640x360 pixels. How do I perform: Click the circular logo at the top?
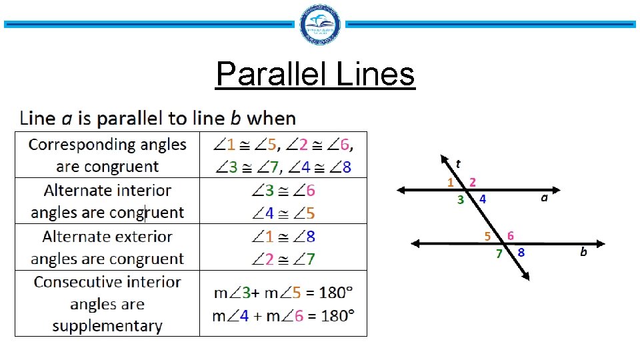[321, 25]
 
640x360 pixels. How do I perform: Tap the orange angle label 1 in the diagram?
[451, 181]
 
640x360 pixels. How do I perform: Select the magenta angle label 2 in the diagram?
[472, 181]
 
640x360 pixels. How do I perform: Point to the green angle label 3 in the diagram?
[460, 199]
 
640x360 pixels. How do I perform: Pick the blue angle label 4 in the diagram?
[482, 199]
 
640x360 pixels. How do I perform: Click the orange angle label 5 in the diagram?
[488, 235]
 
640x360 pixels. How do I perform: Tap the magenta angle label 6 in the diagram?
[510, 235]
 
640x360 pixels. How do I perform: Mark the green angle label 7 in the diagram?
[498, 253]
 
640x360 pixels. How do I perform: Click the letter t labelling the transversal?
[458, 162]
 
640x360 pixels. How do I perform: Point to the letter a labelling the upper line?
[545, 197]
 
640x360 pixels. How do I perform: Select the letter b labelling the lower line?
[583, 252]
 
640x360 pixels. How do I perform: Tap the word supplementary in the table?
[107, 326]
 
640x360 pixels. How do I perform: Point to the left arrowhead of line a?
[401, 190]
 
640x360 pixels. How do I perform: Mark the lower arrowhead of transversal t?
[527, 276]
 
